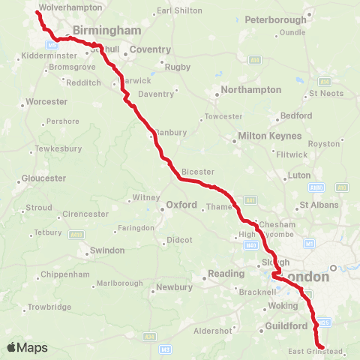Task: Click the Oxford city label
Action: click(181, 205)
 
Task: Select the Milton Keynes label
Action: click(269, 136)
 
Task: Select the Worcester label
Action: click(46, 100)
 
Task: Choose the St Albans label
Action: click(319, 205)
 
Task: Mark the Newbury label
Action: click(172, 287)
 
